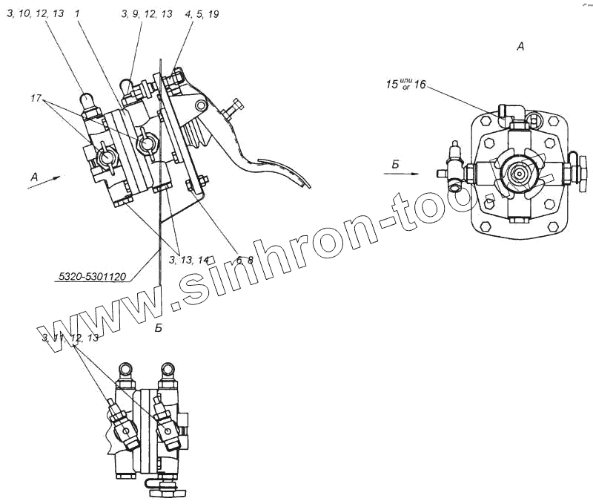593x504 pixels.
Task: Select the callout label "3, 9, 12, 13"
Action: click(147, 13)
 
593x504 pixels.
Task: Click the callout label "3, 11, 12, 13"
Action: click(70, 338)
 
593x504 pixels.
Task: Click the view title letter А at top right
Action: click(520, 46)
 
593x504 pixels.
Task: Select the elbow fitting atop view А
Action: click(509, 113)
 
